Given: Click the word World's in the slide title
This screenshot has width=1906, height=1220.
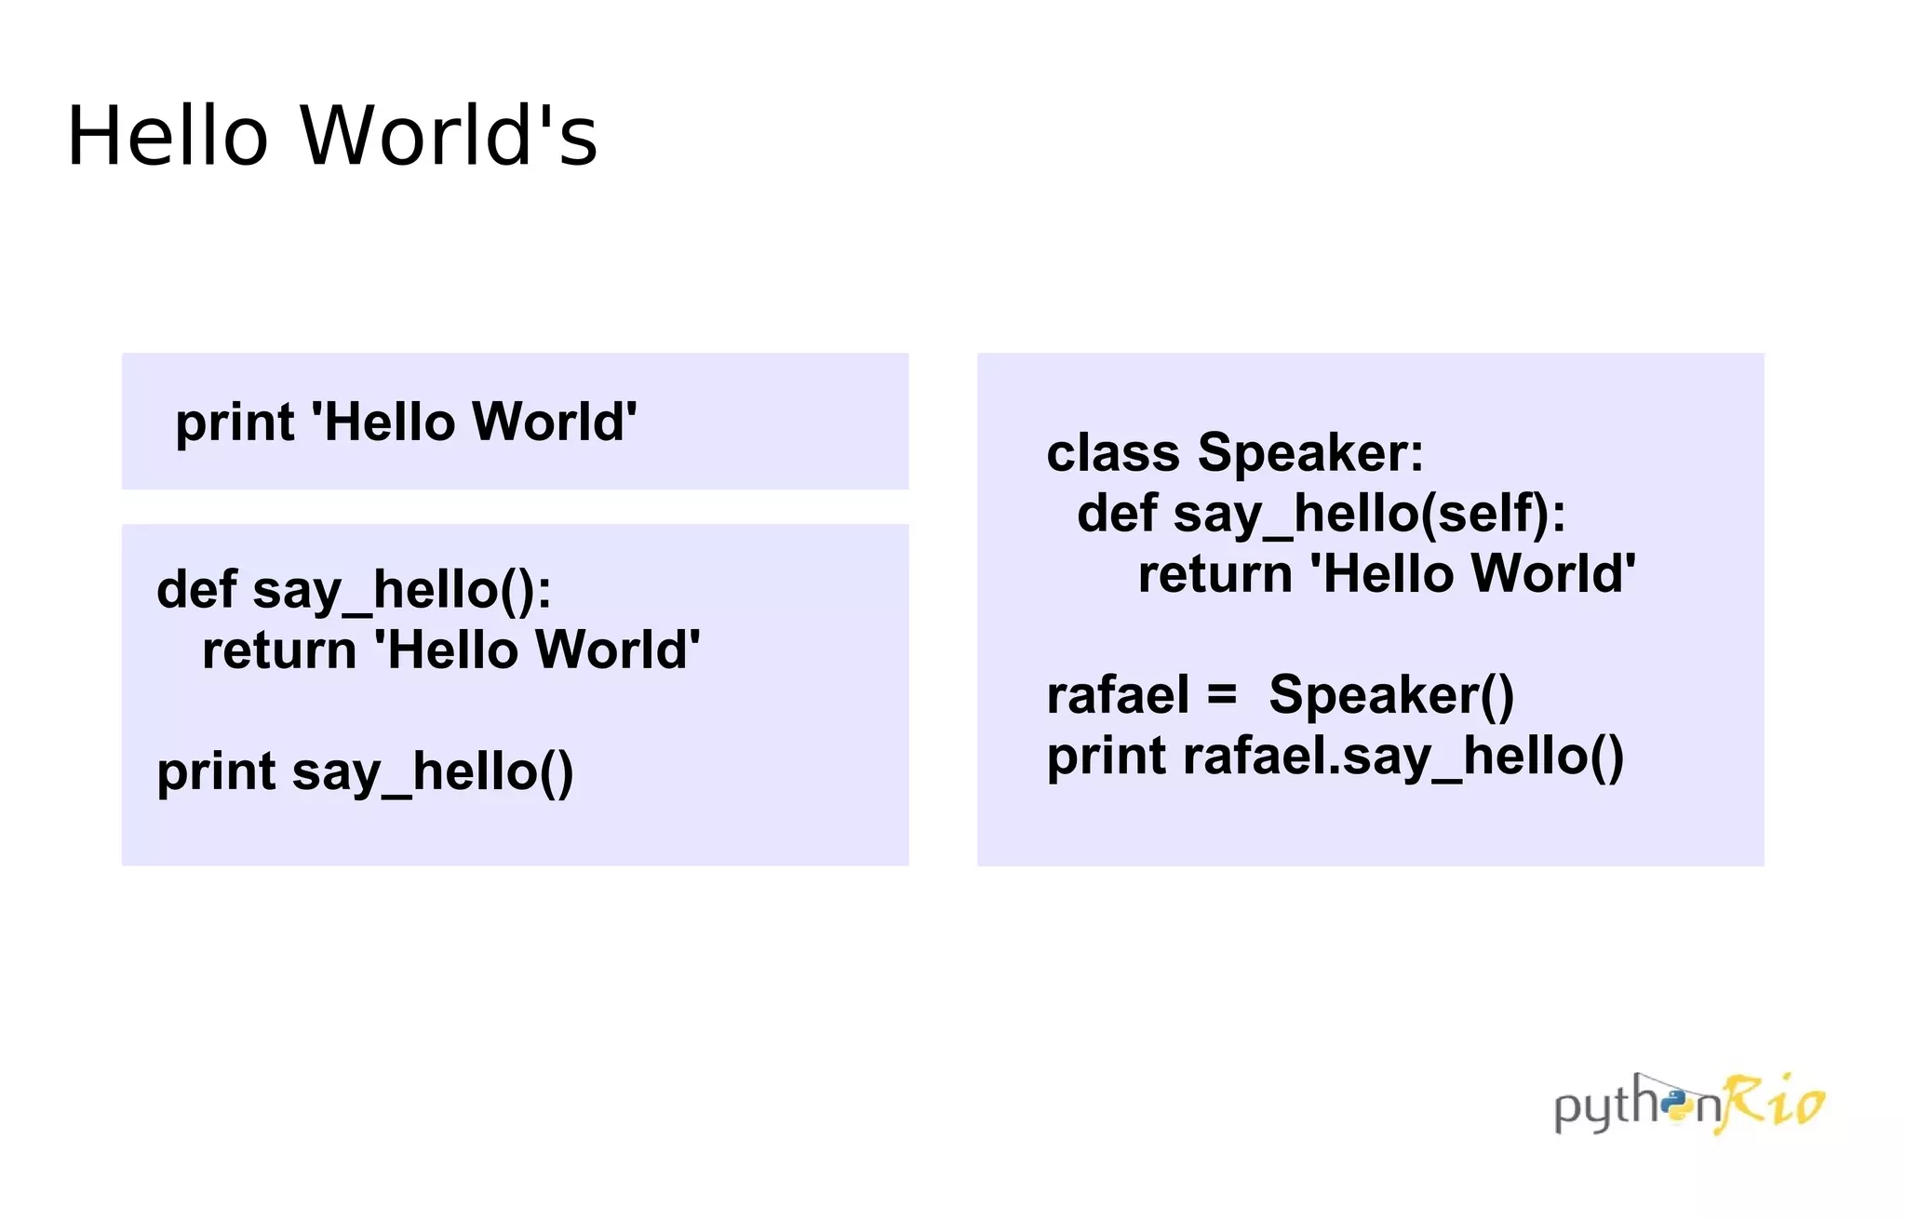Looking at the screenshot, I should click(449, 136).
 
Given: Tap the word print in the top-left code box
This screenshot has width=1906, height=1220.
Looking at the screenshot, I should click(235, 422).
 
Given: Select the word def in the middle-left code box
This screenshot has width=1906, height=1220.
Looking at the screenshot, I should click(196, 589).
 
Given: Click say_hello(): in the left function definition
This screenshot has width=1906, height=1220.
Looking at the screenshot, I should click(402, 591).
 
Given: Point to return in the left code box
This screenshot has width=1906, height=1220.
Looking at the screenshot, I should click(278, 650).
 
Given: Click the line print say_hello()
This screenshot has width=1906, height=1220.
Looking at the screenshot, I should click(365, 771).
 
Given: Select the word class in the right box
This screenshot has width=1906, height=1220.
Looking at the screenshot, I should click(1113, 453).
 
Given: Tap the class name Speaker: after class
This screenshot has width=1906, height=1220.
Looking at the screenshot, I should click(1310, 453).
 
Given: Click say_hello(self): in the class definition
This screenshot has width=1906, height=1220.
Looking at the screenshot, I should click(1370, 515).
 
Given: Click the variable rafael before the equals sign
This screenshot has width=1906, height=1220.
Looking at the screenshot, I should click(1117, 695).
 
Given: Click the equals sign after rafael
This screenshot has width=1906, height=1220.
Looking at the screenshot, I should click(1222, 695).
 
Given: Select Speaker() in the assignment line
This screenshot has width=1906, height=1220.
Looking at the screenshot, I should click(1391, 695).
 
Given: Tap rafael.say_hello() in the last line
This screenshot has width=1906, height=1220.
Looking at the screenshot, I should click(1403, 756).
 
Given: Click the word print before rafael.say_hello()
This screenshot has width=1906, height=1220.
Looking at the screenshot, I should click(1106, 756).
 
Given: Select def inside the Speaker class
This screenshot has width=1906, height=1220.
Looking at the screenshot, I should click(1117, 514).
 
